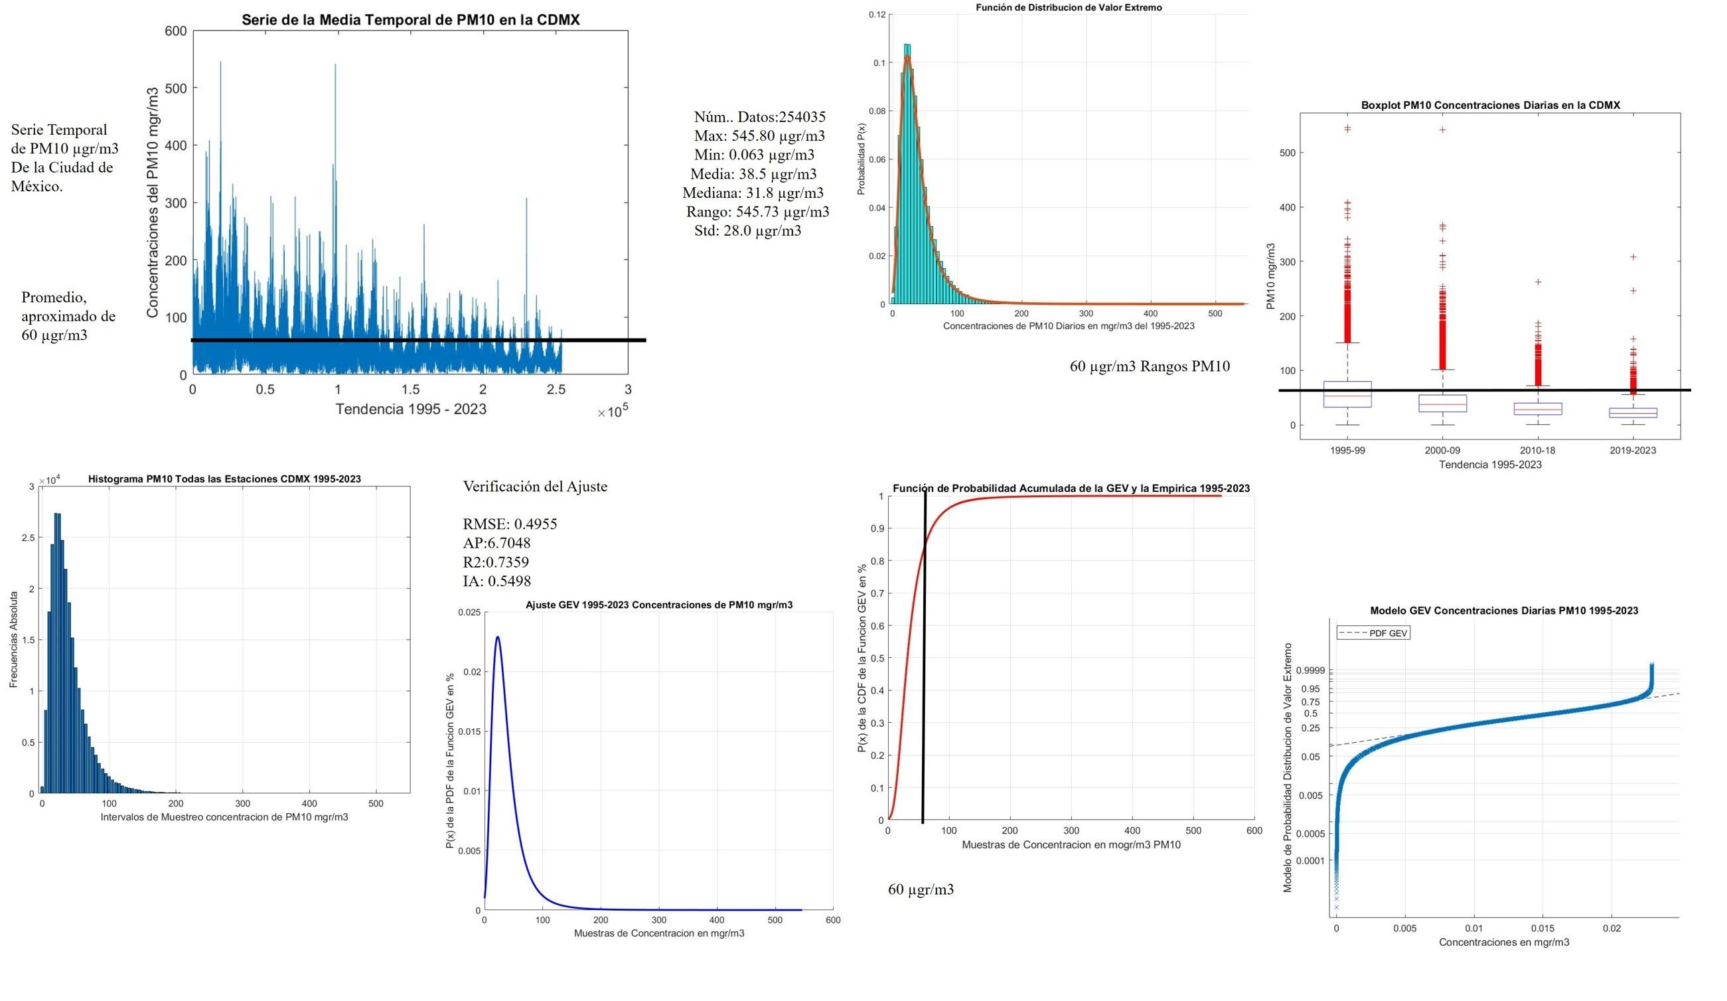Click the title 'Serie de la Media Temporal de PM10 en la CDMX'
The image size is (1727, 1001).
(410, 20)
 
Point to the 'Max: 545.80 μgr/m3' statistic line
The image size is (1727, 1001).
(759, 136)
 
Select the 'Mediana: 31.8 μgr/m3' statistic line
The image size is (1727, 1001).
(753, 193)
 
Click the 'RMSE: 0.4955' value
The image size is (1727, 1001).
(510, 524)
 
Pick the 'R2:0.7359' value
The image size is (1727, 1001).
(496, 562)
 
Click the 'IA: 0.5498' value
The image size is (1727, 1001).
(497, 581)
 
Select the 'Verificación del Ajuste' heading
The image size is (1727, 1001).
(534, 487)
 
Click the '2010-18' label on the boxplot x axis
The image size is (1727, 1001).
(1537, 451)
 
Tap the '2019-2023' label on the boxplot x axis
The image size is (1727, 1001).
(1633, 451)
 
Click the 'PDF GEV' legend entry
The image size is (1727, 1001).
(1373, 633)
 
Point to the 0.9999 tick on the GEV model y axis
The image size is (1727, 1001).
(1313, 670)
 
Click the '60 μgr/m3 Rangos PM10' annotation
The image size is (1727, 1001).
(1150, 366)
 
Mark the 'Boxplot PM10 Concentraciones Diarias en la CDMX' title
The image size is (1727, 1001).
(1490, 105)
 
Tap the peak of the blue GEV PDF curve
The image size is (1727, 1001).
(498, 637)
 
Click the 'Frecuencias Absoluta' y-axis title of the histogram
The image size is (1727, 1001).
(13, 639)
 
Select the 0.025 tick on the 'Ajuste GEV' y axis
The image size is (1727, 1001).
(469, 612)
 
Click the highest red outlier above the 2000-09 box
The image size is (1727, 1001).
(1442, 129)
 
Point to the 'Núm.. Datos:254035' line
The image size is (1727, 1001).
(759, 117)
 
